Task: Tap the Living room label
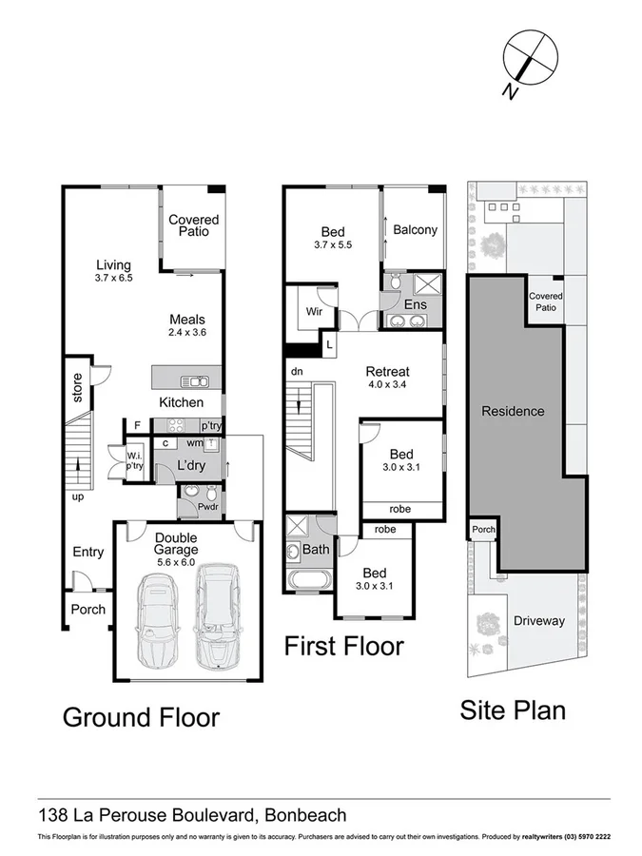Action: pos(113,265)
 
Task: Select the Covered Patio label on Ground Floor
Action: pos(193,225)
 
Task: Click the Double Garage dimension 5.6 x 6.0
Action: pos(176,562)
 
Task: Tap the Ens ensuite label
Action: pos(415,305)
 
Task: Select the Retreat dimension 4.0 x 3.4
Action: pos(387,385)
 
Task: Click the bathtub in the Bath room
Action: pos(308,579)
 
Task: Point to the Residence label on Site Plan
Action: pos(513,411)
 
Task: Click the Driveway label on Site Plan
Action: pos(538,621)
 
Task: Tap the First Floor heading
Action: pos(344,647)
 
